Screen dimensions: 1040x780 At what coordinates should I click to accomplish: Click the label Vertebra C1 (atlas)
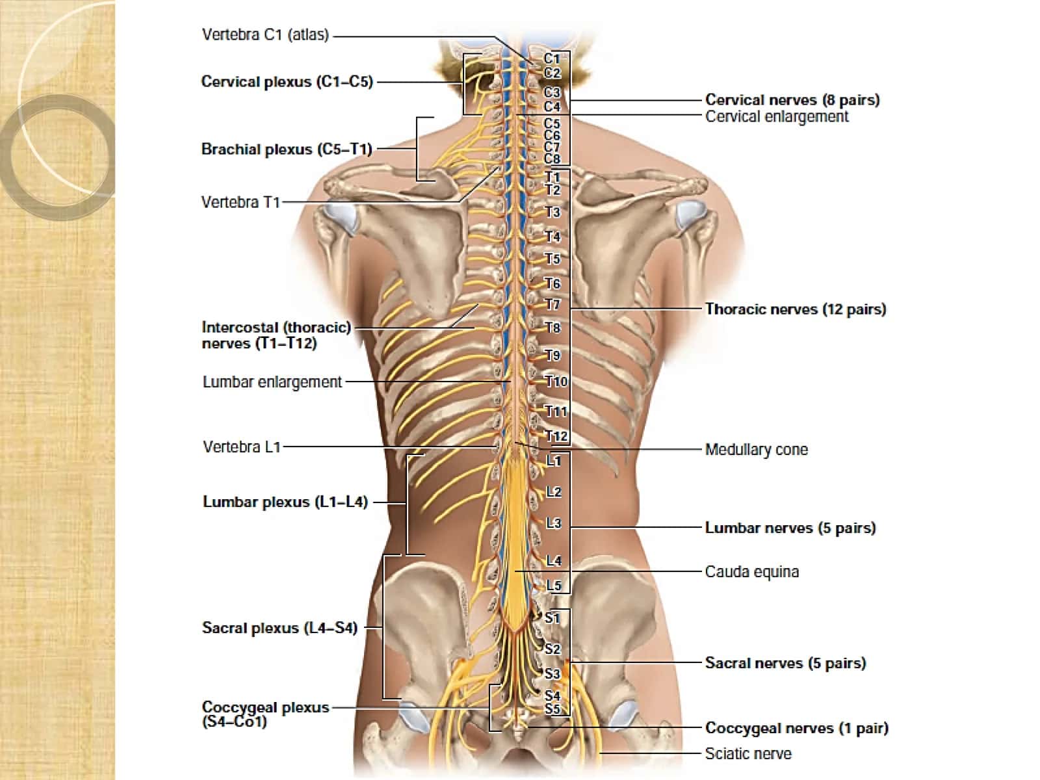coord(265,35)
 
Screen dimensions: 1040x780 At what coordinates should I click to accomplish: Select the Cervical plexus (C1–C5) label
coord(287,82)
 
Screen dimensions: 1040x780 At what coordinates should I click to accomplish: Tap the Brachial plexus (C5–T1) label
coord(287,149)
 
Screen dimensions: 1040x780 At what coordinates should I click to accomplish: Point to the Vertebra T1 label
coord(240,202)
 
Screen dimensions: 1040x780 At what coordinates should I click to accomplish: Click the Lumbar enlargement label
coord(272,382)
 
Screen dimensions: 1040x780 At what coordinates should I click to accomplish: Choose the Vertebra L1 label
coord(242,447)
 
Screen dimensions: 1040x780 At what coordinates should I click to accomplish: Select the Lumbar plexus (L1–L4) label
coord(285,502)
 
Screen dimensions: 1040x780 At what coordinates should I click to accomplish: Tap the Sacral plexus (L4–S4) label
coord(279,628)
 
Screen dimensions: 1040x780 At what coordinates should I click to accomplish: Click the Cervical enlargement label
coord(777,116)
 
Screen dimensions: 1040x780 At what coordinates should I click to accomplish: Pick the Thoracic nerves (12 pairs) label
coord(796,309)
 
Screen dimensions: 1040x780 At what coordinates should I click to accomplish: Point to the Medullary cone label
coord(756,449)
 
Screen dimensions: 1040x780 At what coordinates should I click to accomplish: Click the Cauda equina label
coord(752,571)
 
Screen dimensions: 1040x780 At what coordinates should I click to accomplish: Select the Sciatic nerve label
coord(748,753)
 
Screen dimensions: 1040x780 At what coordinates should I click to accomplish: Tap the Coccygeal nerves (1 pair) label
coord(796,728)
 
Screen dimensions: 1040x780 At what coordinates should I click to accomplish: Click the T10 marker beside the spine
coord(556,382)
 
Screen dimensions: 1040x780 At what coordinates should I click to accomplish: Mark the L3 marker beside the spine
coord(553,523)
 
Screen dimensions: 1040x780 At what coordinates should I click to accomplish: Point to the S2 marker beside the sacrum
coord(552,649)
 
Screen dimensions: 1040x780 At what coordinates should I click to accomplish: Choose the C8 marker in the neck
coord(552,159)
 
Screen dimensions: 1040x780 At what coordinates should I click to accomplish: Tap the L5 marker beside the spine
coord(553,586)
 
